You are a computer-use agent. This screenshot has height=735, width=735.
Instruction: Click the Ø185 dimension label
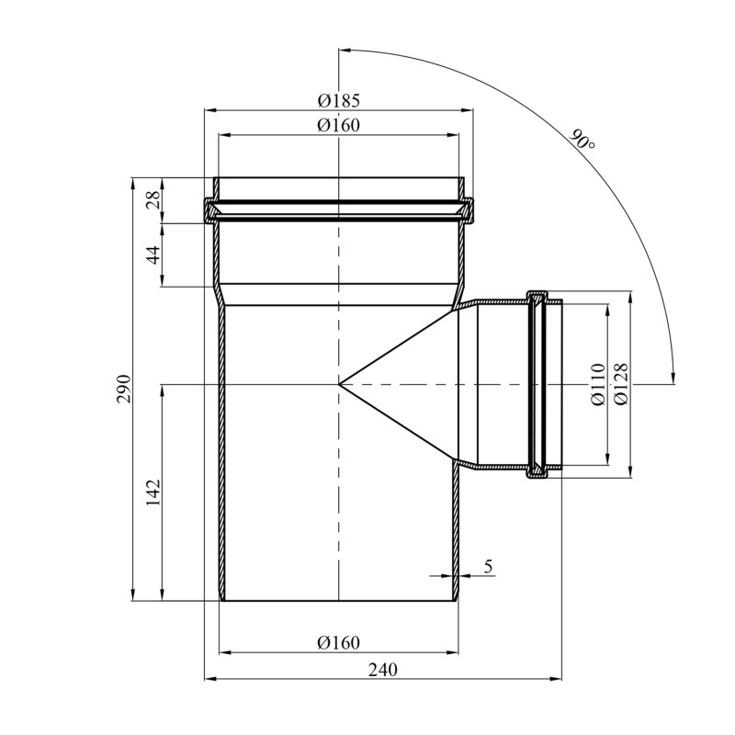pyautogui.click(x=338, y=100)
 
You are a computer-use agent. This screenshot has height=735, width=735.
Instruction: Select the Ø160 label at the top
pyautogui.click(x=338, y=125)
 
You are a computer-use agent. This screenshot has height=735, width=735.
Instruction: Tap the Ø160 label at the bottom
pyautogui.click(x=338, y=641)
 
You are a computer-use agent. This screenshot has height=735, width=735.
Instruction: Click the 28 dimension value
pyautogui.click(x=154, y=200)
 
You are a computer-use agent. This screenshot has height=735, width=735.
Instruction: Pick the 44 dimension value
pyautogui.click(x=154, y=254)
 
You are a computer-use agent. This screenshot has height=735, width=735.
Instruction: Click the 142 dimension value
pyautogui.click(x=153, y=492)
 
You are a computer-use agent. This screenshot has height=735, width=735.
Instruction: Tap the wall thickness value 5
pyautogui.click(x=489, y=567)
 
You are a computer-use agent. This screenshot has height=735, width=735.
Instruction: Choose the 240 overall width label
pyautogui.click(x=382, y=669)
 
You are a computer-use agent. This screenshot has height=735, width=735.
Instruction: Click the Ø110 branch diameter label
pyautogui.click(x=599, y=385)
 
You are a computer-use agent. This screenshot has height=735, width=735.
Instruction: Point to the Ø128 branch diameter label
pyautogui.click(x=621, y=385)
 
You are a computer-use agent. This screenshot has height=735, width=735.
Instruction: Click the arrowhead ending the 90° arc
pyautogui.click(x=673, y=378)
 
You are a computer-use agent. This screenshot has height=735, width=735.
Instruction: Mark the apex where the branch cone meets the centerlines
pyautogui.click(x=339, y=384)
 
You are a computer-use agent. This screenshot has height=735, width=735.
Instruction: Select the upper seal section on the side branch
pyautogui.click(x=537, y=299)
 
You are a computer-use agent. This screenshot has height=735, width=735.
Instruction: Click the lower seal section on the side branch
pyautogui.click(x=537, y=470)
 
